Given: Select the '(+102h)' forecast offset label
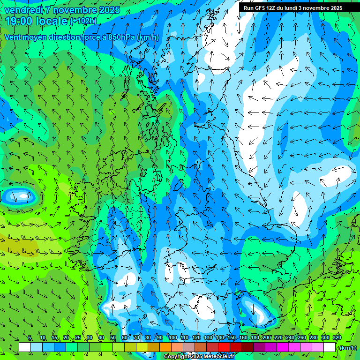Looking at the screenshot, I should pos(83,21).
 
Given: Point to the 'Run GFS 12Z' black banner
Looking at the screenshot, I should pos(292,8).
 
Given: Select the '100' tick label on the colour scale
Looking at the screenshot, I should pos(172,337).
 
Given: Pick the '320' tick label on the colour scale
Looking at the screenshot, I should pos(337,337).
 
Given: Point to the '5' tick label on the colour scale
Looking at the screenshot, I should pos(30,337).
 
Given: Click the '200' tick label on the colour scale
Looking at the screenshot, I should pos(266,337).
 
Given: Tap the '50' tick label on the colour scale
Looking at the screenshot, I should pos(113,337).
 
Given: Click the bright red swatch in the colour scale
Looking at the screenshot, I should pos(224,347).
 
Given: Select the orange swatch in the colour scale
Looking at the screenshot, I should pos(165,347).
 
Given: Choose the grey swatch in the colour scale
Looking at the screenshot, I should pos(189,347).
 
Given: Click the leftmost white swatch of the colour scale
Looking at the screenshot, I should pos(25,347).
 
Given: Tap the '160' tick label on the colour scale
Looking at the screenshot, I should pos(243,337).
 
